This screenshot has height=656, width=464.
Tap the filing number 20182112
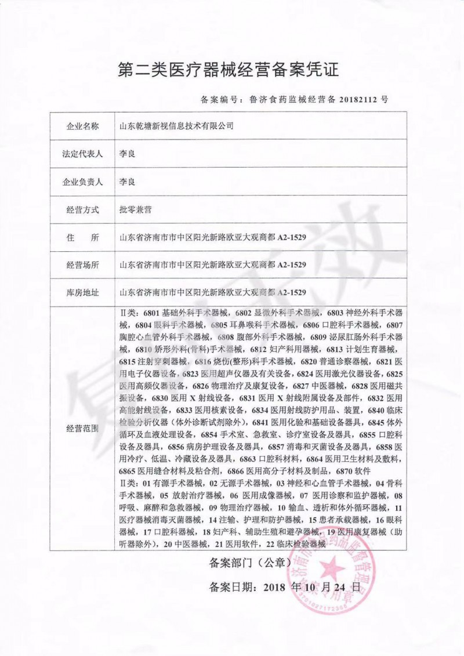tap(356, 99)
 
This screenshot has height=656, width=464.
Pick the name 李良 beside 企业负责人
tap(127, 182)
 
